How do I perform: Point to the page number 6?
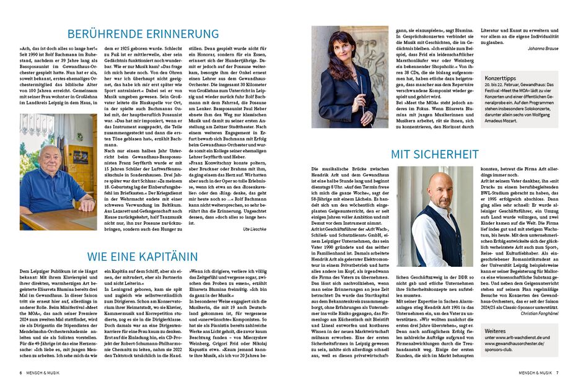(x=20, y=373)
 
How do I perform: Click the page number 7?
(x=557, y=373)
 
